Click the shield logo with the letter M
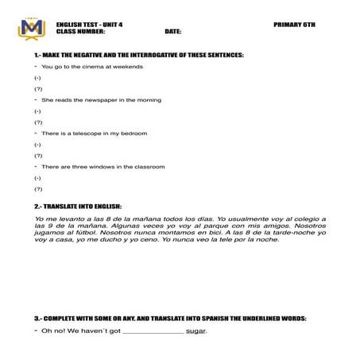tap(33, 28)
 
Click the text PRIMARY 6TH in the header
tap(294, 25)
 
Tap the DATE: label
tap(173, 32)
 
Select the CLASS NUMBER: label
tap(80, 32)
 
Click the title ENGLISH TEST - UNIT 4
tap(90, 25)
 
